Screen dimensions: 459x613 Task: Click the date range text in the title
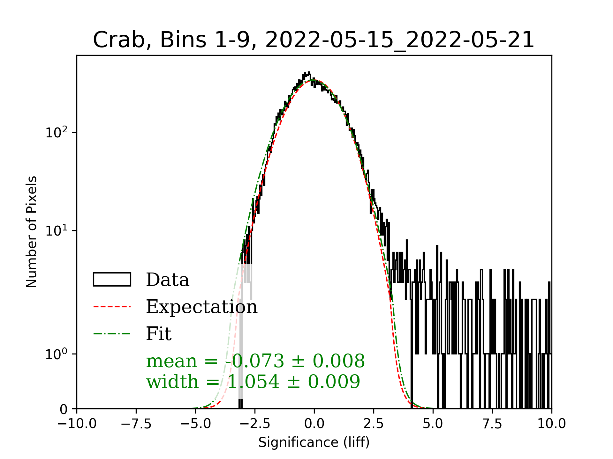pyautogui.click(x=400, y=40)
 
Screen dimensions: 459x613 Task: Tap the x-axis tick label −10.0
pyautogui.click(x=77, y=424)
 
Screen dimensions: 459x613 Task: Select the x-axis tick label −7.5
pyautogui.click(x=136, y=424)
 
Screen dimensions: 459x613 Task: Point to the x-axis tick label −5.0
pyautogui.click(x=195, y=424)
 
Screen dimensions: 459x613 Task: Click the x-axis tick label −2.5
pyautogui.click(x=255, y=424)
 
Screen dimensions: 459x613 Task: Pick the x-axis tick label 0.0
pyautogui.click(x=314, y=424)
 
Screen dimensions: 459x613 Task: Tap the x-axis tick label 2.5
pyautogui.click(x=374, y=424)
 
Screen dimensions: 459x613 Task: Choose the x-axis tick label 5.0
pyautogui.click(x=433, y=424)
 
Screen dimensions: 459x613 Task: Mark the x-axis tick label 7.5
pyautogui.click(x=492, y=424)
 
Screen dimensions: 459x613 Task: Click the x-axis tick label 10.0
pyautogui.click(x=551, y=424)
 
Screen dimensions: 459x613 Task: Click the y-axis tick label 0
pyautogui.click(x=64, y=409)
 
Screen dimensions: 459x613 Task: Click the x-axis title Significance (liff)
pyautogui.click(x=314, y=442)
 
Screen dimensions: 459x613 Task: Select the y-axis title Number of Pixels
pyautogui.click(x=31, y=232)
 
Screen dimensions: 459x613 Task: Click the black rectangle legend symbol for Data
pyautogui.click(x=112, y=280)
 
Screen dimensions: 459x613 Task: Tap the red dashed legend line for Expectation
pyautogui.click(x=112, y=307)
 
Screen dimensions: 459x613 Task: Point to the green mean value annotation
pyautogui.click(x=255, y=361)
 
